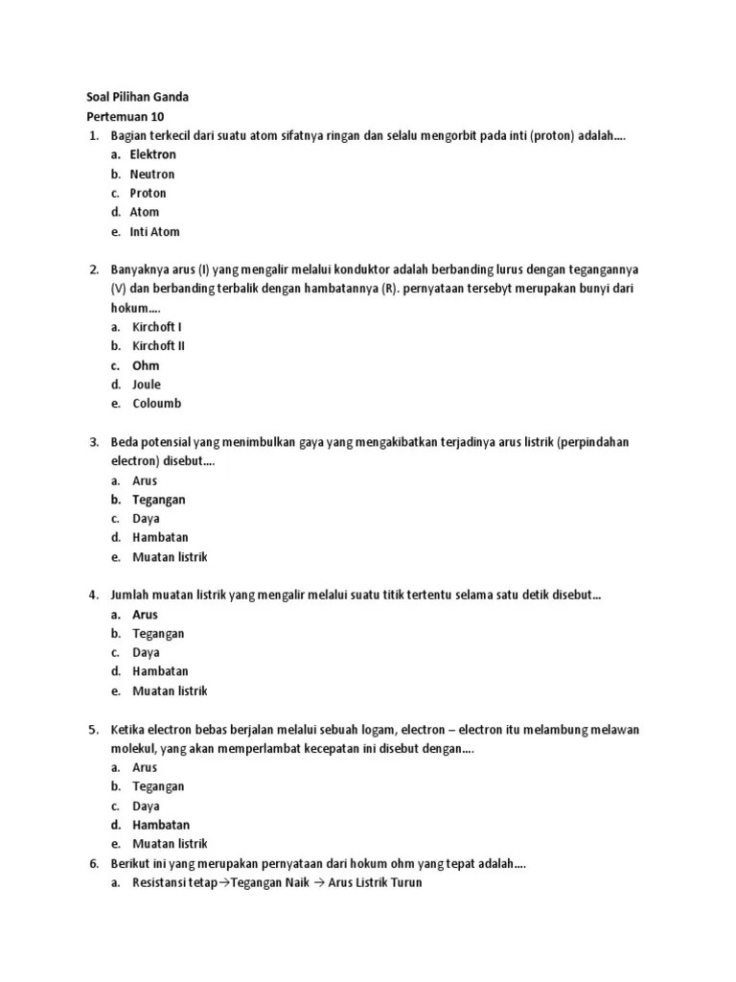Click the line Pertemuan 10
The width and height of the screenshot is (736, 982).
124,116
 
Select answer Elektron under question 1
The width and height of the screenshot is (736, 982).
153,154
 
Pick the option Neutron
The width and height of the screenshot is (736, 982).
152,174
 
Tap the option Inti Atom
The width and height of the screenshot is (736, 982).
154,231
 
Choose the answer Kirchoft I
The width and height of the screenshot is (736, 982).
157,327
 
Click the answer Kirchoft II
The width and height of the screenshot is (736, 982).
159,346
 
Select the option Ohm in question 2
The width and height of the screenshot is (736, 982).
146,365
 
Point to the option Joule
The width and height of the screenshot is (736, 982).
147,385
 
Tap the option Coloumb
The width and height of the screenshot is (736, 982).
156,404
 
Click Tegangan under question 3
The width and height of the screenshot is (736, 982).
158,500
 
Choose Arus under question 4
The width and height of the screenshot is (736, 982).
145,615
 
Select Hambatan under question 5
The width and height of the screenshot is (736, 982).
161,825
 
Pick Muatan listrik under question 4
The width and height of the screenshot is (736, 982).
170,690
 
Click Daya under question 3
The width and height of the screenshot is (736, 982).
146,519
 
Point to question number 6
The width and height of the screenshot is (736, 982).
94,863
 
